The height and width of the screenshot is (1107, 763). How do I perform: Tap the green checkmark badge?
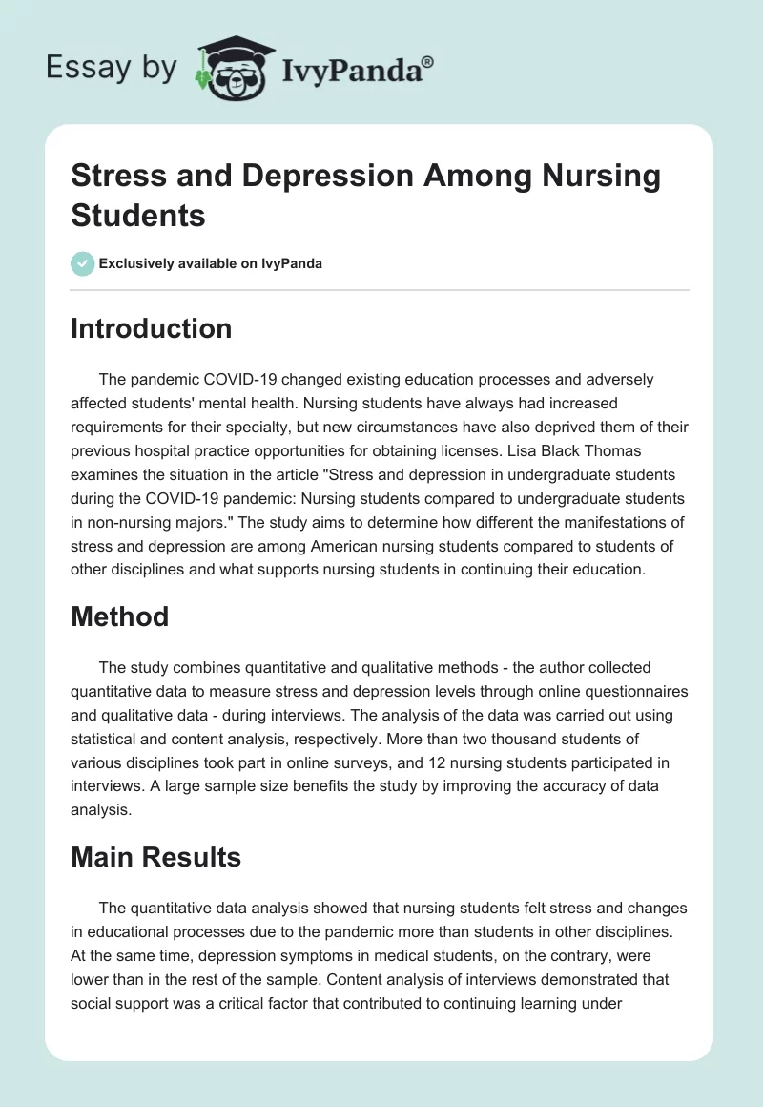click(x=83, y=263)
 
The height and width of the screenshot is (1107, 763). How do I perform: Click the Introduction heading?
click(x=151, y=328)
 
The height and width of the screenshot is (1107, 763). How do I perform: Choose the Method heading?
click(x=119, y=616)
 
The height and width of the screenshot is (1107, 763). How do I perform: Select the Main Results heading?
click(x=155, y=857)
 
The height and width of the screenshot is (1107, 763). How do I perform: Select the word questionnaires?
click(x=632, y=689)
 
